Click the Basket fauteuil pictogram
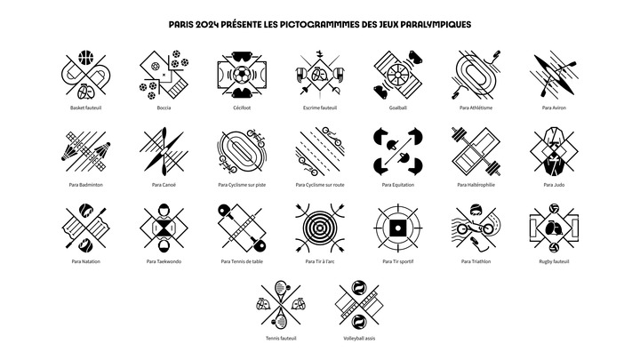tap(85, 75)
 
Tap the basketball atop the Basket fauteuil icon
tap(85, 57)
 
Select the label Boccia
tap(164, 108)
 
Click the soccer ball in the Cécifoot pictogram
tap(242, 75)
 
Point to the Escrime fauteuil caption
tap(320, 108)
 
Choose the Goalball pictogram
tap(398, 75)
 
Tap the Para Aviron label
tap(554, 108)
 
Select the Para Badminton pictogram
tap(85, 151)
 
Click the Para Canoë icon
tap(164, 151)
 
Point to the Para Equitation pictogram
tap(398, 151)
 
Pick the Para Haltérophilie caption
tap(476, 185)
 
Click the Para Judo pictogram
tap(554, 151)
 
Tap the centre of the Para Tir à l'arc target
tap(320, 228)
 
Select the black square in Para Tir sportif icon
tap(398, 228)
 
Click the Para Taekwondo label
tap(164, 261)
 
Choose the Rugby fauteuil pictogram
tap(554, 228)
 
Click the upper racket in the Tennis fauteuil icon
tap(282, 290)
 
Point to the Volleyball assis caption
tap(359, 339)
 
